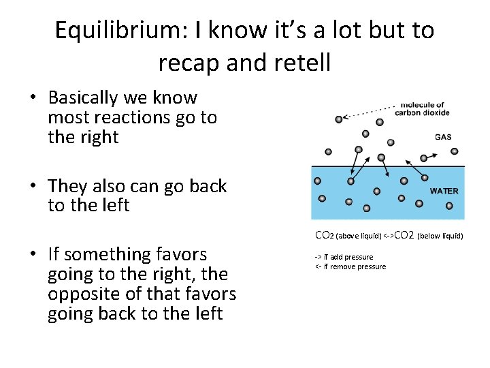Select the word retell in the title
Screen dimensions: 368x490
pos(301,63)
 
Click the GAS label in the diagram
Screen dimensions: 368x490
pos(442,137)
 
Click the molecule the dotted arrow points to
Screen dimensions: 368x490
pos(338,120)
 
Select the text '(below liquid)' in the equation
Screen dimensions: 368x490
pos(440,236)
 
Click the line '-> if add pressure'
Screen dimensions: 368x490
pos(344,257)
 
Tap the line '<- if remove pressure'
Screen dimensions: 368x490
pos(350,266)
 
